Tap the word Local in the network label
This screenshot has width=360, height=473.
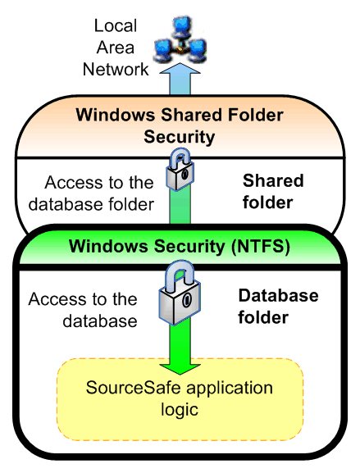tap(116, 25)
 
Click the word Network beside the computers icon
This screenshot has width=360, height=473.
tap(116, 70)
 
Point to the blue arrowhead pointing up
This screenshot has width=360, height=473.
tap(180, 69)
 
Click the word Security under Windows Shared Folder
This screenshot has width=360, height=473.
tap(180, 137)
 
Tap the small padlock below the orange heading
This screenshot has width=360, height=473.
tap(180, 169)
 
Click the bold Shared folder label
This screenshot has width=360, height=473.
tap(273, 191)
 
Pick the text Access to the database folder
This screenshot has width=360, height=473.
tap(91, 193)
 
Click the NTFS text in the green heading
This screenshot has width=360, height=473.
tap(261, 246)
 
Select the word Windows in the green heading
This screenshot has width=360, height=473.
tap(109, 246)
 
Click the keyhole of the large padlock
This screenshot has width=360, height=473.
tap(187, 300)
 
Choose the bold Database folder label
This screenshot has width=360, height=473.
tap(278, 307)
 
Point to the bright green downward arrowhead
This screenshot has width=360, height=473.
tap(180, 369)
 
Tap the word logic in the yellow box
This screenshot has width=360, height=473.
tap(180, 410)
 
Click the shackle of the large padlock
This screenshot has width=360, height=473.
tap(180, 276)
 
